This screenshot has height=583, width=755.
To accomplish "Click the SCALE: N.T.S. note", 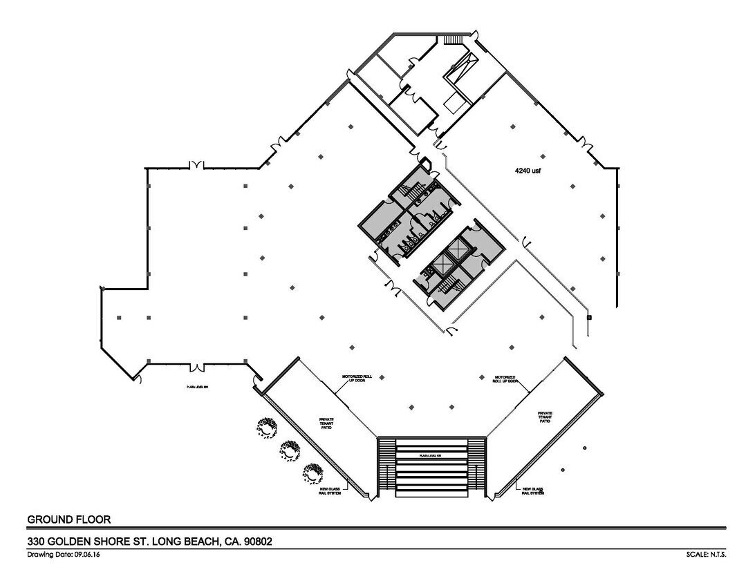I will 705,555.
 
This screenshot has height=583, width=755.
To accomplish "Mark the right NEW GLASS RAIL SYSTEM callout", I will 532,490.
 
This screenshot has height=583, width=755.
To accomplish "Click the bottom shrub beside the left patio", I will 313,473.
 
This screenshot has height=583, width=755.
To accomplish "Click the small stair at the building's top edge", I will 453,38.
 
